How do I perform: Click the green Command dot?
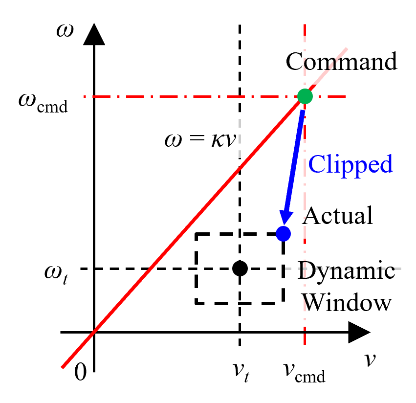pyautogui.click(x=305, y=96)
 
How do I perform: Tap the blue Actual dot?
pyautogui.click(x=283, y=234)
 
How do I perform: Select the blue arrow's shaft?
pyautogui.click(x=294, y=161)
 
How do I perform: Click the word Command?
pyautogui.click(x=341, y=62)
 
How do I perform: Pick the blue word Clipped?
pyautogui.click(x=350, y=164)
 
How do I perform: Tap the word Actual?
pyautogui.click(x=338, y=215)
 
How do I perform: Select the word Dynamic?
pyautogui.click(x=346, y=270)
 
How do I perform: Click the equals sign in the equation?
pyautogui.click(x=196, y=140)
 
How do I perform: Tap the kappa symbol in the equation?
pyautogui.click(x=217, y=140)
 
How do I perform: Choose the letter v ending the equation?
pyautogui.click(x=231, y=140)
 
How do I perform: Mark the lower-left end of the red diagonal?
pyautogui.click(x=63, y=366)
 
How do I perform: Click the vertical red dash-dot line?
pyautogui.click(x=305, y=333)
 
